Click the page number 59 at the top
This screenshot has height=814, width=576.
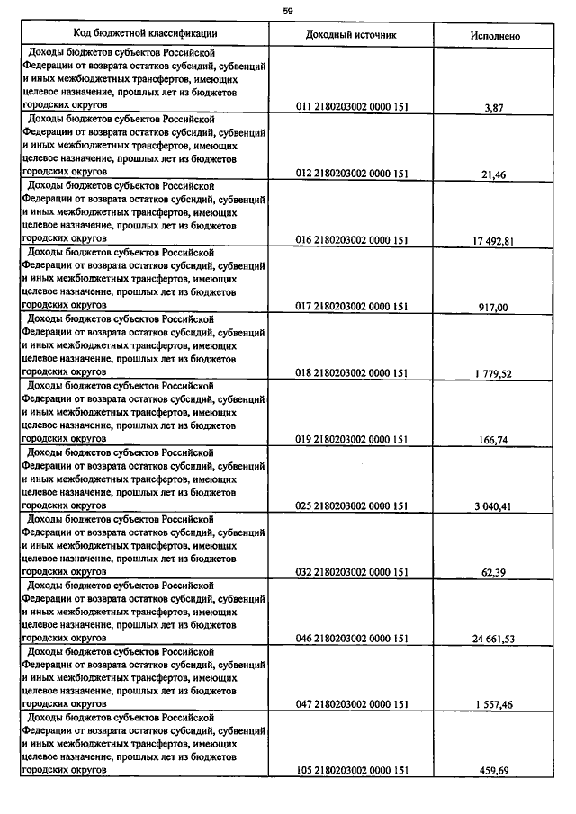[x=288, y=11]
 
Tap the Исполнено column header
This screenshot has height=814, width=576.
[x=494, y=35]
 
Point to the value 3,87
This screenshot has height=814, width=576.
[x=494, y=108]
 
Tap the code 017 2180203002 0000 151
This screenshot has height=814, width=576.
[x=352, y=307]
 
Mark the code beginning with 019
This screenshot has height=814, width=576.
[x=352, y=440]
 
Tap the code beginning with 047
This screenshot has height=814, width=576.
[x=352, y=704]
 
